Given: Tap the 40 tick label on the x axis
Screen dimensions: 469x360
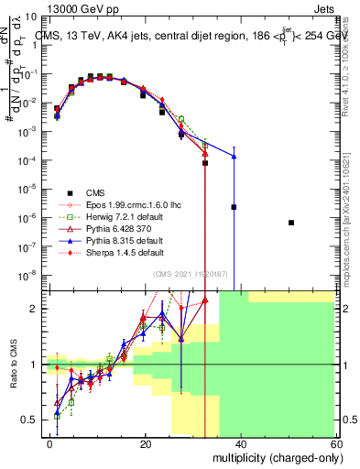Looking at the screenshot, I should coord(240,443).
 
